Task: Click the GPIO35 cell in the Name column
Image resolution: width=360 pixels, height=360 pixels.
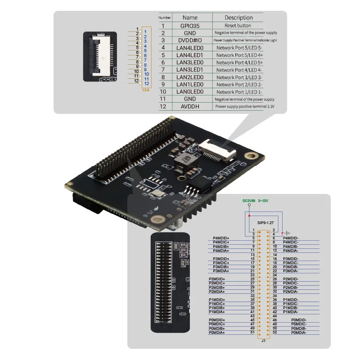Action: pyautogui.click(x=189, y=26)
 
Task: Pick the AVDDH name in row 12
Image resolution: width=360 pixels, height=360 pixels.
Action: pyautogui.click(x=189, y=106)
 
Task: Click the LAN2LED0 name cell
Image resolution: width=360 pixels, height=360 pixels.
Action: pyautogui.click(x=189, y=77)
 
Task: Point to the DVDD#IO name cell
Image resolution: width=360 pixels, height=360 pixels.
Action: pyautogui.click(x=189, y=40)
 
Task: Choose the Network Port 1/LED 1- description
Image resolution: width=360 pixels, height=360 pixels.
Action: pyautogui.click(x=239, y=92)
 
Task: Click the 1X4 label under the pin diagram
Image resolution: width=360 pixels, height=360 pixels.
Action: pyautogui.click(x=145, y=90)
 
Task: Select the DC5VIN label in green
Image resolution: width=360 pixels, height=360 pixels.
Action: pyautogui.click(x=249, y=201)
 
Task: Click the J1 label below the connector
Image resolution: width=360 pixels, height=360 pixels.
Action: pyautogui.click(x=263, y=341)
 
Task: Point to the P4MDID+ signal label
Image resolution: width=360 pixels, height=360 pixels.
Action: pyautogui.click(x=221, y=238)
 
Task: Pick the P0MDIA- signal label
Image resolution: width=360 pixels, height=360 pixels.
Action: pyautogui.click(x=299, y=333)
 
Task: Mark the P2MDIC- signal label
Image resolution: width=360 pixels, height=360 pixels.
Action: pyautogui.click(x=291, y=283)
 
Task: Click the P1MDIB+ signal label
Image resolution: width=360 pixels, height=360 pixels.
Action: pyautogui.click(x=217, y=308)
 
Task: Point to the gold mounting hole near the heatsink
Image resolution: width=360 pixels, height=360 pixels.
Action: pyautogui.click(x=158, y=220)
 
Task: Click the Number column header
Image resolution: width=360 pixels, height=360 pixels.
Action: pyautogui.click(x=165, y=18)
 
